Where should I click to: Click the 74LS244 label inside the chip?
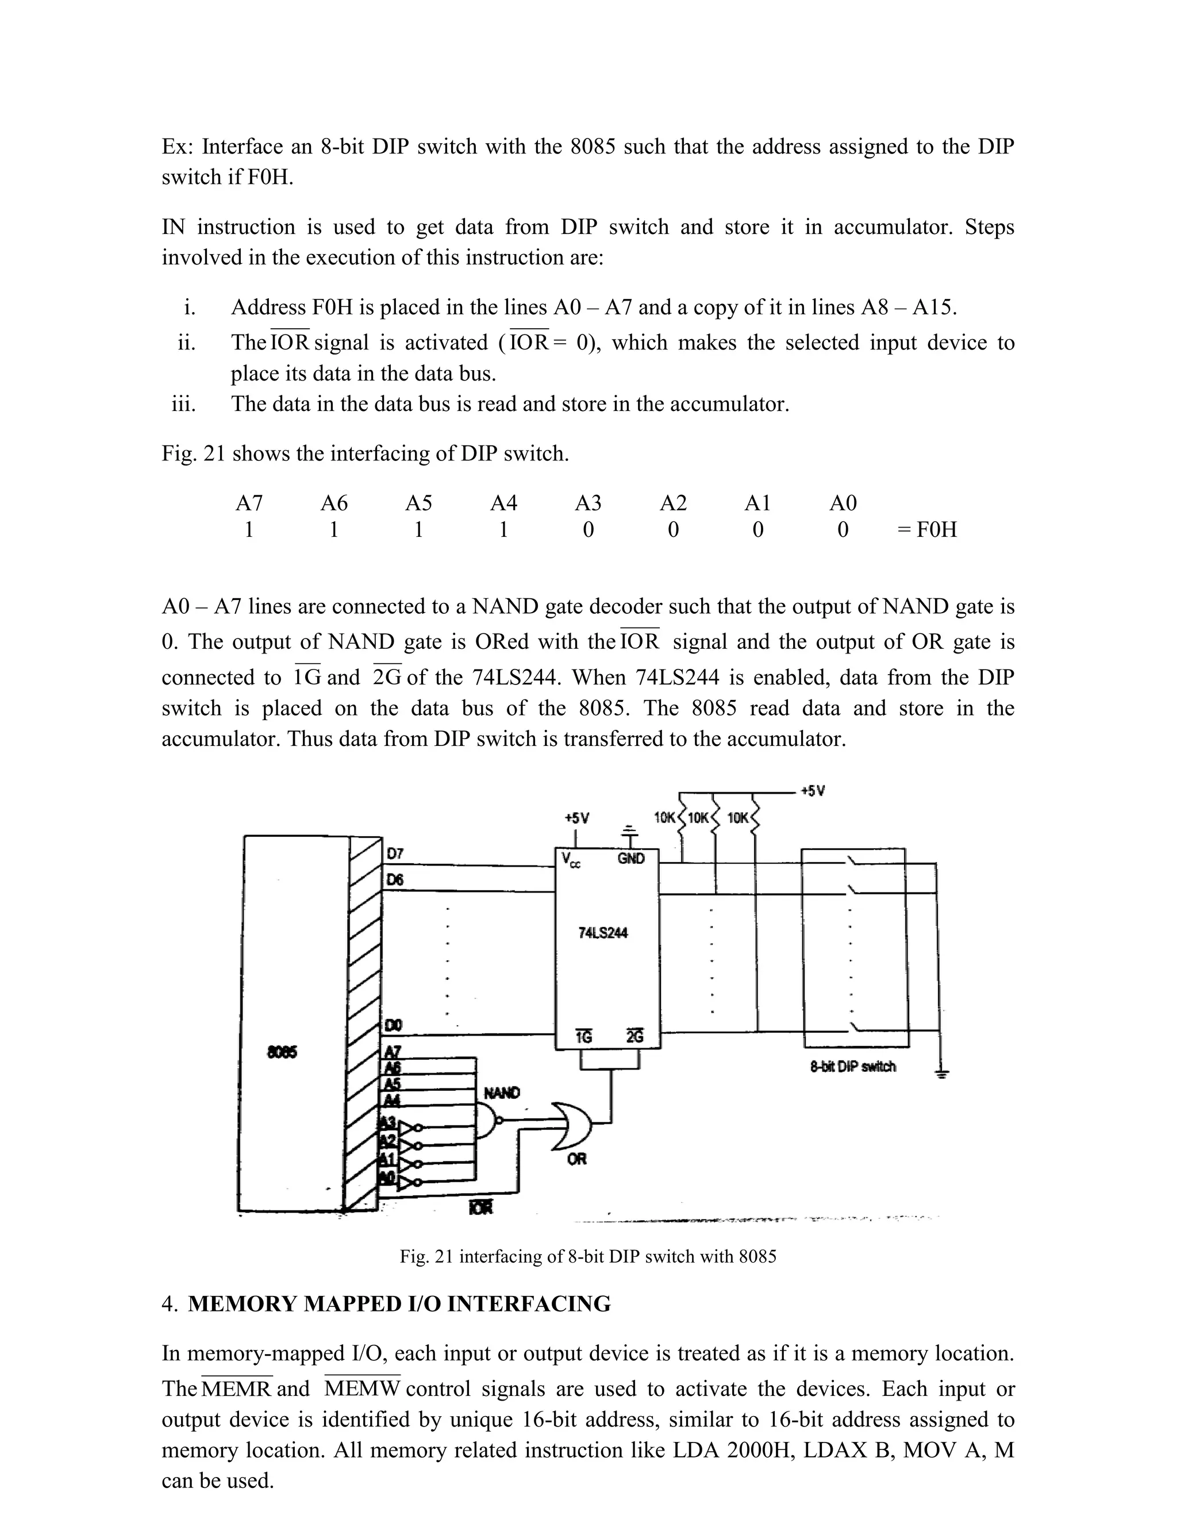[603, 933]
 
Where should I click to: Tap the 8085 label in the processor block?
[282, 1052]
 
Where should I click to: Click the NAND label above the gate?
[501, 1093]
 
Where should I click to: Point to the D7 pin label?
[395, 853]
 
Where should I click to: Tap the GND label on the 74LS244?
[631, 859]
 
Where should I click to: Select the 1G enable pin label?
[584, 1037]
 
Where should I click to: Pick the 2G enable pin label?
[634, 1037]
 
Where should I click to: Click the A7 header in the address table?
[249, 503]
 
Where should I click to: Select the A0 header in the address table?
[843, 503]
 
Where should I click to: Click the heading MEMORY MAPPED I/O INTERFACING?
[399, 1304]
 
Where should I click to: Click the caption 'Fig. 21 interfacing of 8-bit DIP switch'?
[588, 1256]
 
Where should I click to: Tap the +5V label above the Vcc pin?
[576, 818]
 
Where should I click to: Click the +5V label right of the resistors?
[812, 791]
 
